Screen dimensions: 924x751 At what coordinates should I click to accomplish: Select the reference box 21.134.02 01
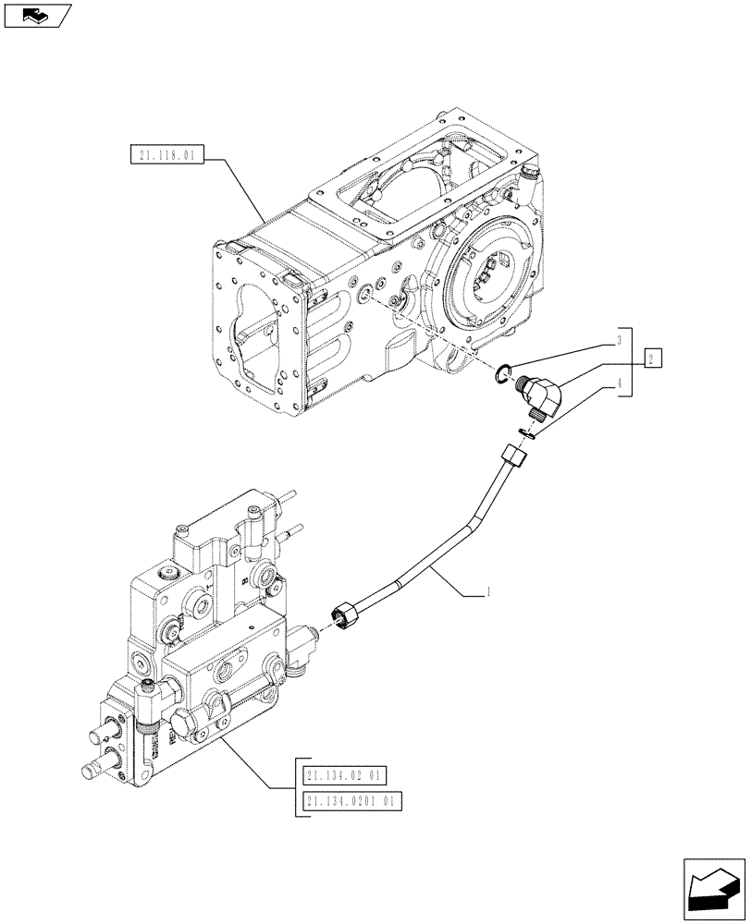coord(345,775)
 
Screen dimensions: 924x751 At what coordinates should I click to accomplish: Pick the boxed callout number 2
coord(651,359)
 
